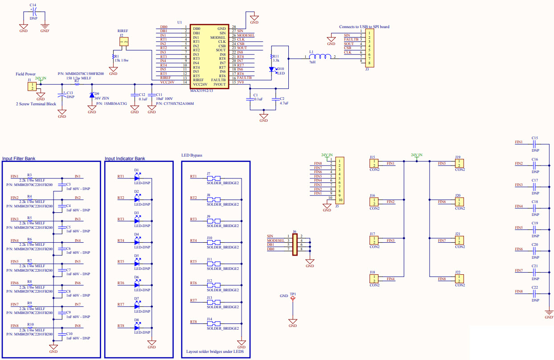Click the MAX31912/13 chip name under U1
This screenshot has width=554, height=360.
pos(201,91)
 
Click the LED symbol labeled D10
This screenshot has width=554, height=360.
pos(271,69)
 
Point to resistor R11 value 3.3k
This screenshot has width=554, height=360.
pos(276,60)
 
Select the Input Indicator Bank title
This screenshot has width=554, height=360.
pos(125,158)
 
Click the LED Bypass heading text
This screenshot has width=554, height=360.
pos(192,155)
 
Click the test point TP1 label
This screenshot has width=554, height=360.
pos(293,294)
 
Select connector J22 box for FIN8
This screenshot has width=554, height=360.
pos(460,279)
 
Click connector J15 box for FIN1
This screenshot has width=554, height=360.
pos(374,164)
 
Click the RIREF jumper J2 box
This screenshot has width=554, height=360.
pos(124,42)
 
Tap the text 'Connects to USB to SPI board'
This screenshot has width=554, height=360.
pos(364,27)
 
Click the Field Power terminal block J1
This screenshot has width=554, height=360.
pos(32,86)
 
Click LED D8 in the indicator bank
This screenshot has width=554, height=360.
pos(137,327)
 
